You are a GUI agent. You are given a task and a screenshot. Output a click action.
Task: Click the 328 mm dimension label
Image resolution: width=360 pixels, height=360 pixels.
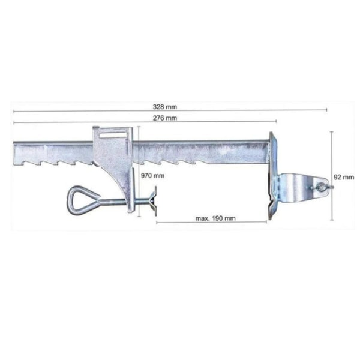click(x=165, y=107)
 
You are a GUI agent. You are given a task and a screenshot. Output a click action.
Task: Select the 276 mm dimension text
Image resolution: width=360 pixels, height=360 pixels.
click(x=165, y=118)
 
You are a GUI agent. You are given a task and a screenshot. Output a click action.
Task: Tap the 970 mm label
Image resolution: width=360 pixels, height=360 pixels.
click(x=152, y=176)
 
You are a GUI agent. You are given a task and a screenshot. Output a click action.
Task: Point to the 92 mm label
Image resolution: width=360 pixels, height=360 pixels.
click(x=344, y=177)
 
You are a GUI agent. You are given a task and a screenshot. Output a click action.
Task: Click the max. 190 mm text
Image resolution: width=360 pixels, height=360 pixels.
click(x=215, y=218)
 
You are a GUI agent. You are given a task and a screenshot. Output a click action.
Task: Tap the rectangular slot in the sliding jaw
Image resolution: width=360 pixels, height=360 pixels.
click(x=113, y=136)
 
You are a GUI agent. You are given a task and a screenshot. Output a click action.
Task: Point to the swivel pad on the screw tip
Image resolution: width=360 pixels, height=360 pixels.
click(x=154, y=201)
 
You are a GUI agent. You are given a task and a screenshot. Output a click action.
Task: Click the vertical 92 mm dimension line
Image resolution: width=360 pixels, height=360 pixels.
click(x=332, y=176)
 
